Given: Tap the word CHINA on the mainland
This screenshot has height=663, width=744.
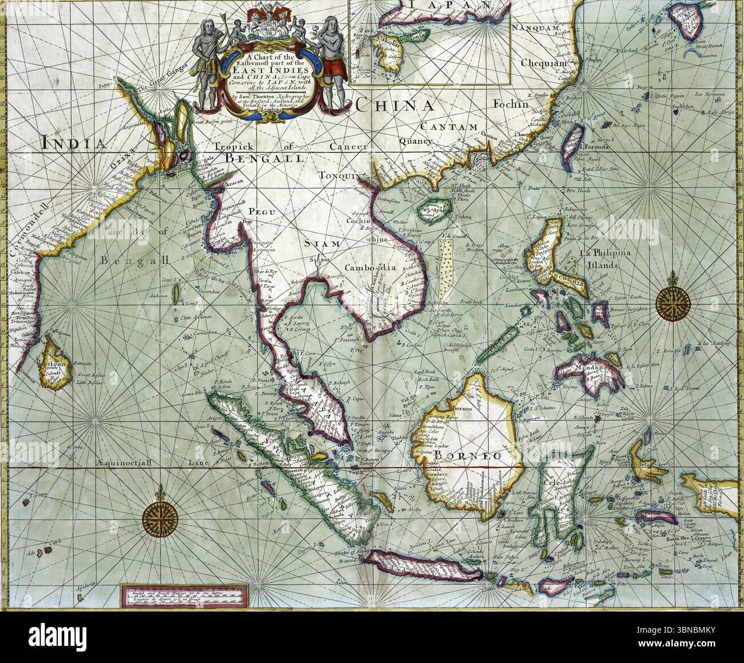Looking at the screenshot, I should coord(401,106).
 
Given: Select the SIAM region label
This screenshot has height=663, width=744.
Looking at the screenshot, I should coord(325,244).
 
